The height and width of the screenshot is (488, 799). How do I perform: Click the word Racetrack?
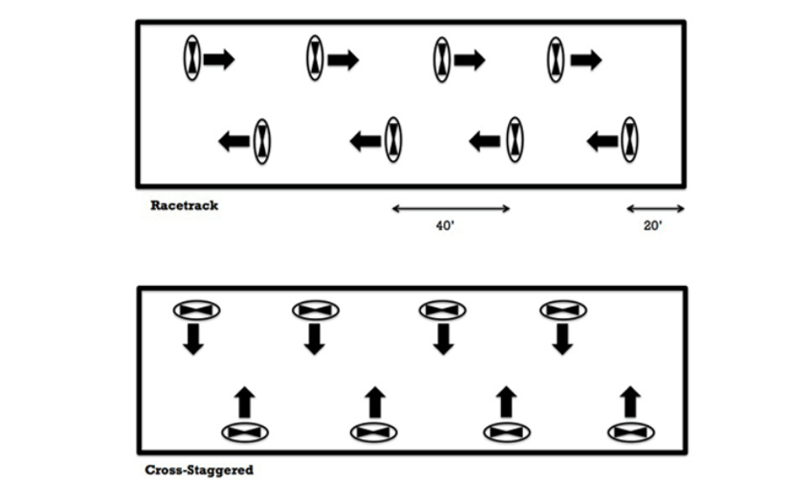(185, 206)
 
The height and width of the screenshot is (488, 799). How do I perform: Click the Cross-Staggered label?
(200, 470)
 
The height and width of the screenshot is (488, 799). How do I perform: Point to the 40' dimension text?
(445, 226)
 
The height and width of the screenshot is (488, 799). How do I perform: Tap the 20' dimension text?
(653, 226)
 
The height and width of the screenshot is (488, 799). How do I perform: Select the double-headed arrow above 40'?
(451, 208)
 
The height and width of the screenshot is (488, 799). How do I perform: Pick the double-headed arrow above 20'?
(655, 208)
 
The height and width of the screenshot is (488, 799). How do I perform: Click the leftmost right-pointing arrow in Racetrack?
(219, 59)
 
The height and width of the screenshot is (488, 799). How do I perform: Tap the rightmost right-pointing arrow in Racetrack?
(586, 60)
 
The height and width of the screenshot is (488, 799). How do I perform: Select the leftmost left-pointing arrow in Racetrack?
(234, 141)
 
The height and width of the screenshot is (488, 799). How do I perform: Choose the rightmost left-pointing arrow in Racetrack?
(602, 141)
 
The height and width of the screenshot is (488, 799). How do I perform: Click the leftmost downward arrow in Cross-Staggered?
(193, 339)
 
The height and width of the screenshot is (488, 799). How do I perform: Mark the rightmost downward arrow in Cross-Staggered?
(563, 339)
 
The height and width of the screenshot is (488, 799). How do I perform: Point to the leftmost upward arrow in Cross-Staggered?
(245, 403)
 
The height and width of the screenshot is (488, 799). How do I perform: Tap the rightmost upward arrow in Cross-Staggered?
(630, 403)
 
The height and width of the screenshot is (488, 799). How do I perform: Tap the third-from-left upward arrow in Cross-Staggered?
(506, 403)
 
